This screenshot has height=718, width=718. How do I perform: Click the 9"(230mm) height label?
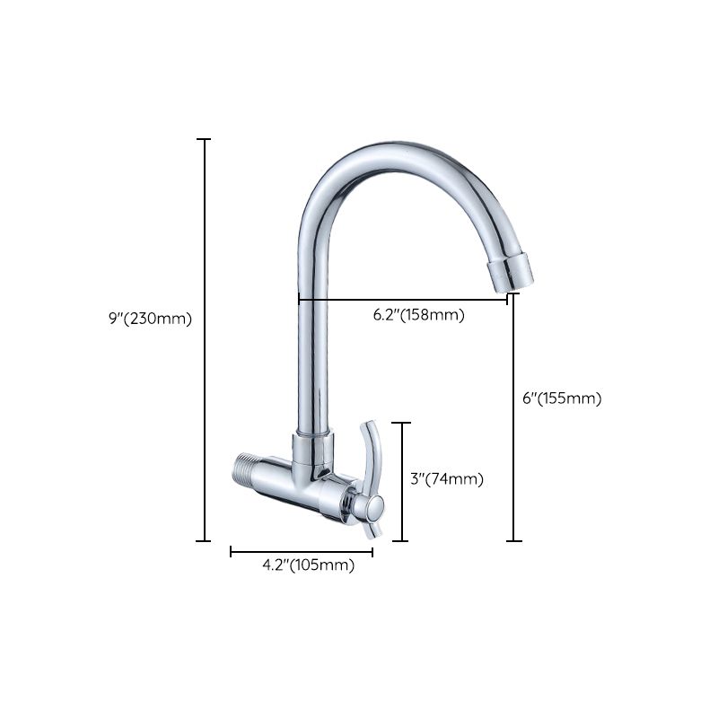coord(150,318)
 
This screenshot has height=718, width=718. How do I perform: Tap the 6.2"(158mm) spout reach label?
coord(418,315)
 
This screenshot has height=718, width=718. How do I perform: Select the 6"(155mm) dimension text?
coord(561,398)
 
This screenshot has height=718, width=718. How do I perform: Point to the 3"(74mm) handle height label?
coord(446,479)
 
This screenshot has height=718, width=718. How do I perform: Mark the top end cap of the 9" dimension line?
coord(204,140)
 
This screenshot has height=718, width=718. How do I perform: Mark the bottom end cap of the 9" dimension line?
coord(204,541)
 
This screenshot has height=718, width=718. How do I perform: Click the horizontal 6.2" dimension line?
coord(404,300)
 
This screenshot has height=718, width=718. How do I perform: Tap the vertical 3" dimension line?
coord(401,481)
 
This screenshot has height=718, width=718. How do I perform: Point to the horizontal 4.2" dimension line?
coord(302,551)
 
